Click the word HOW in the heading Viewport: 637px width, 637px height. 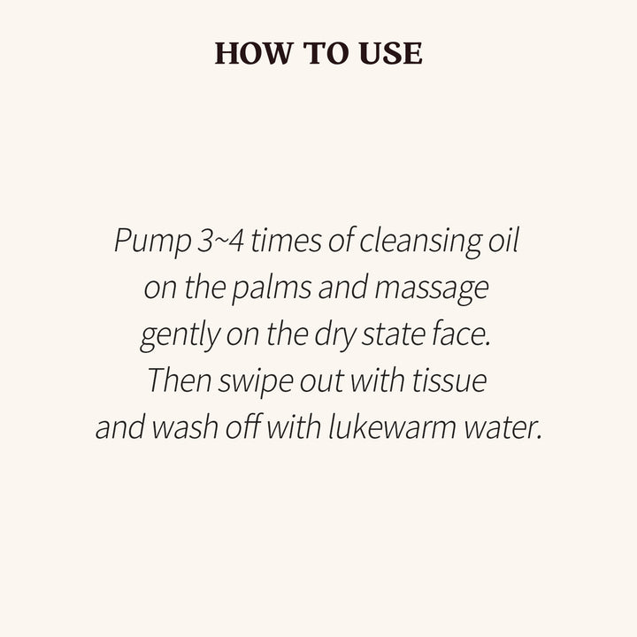click(x=253, y=53)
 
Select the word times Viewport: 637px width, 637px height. click(x=286, y=241)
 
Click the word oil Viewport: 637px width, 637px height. click(x=503, y=240)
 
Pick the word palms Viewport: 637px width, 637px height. click(x=272, y=289)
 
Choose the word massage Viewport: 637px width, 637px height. click(x=432, y=290)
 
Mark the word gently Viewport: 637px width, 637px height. click(x=180, y=336)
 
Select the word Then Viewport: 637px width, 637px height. click(x=180, y=380)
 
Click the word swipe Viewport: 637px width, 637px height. click(x=256, y=383)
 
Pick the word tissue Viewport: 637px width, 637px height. click(x=449, y=380)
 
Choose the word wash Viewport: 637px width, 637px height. click(x=185, y=427)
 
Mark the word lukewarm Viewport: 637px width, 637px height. click(x=392, y=427)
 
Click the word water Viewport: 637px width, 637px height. click(x=503, y=428)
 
